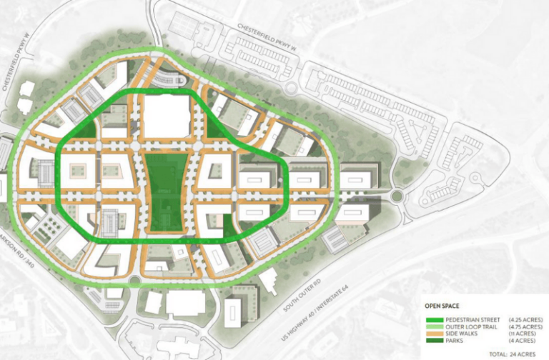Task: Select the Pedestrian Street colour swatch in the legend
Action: tap(434, 319)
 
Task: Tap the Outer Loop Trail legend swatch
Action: tap(434, 326)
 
